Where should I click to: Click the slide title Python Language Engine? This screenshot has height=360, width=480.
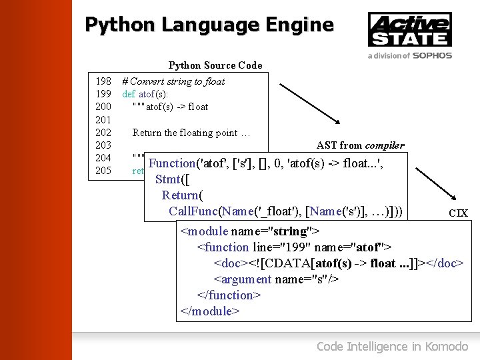(x=209, y=25)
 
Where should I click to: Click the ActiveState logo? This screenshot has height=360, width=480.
(x=409, y=30)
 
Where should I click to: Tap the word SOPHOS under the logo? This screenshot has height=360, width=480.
(x=431, y=56)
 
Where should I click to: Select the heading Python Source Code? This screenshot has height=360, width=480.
(x=215, y=65)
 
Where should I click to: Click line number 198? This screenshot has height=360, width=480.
(x=103, y=81)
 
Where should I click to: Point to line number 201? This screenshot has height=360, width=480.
(x=103, y=120)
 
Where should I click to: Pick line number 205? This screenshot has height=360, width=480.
(x=103, y=171)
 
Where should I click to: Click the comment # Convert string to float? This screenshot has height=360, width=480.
(x=173, y=81)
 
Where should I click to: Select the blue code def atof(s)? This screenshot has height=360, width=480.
(x=145, y=94)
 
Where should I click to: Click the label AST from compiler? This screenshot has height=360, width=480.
(x=360, y=145)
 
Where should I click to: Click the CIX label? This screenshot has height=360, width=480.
(x=458, y=213)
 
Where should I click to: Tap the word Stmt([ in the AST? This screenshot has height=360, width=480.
(x=171, y=179)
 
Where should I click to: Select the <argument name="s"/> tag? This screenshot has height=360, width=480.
(x=276, y=279)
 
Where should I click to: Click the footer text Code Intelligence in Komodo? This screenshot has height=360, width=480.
(x=392, y=346)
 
